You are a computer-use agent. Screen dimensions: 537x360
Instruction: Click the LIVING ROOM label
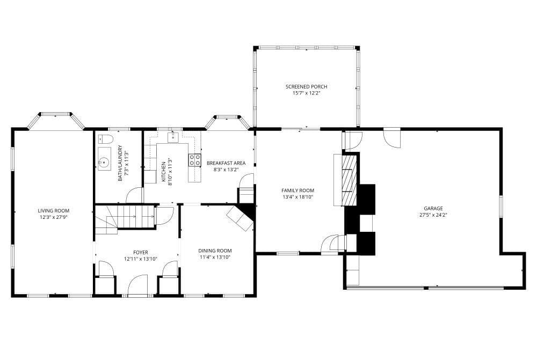(53, 211)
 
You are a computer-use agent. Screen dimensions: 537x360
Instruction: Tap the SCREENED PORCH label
(306, 86)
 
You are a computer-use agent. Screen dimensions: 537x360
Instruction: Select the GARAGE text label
(433, 208)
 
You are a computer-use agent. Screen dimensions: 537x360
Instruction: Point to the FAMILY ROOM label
(297, 190)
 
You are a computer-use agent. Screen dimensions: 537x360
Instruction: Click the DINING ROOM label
(215, 251)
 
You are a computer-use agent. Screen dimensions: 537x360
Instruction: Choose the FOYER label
(140, 253)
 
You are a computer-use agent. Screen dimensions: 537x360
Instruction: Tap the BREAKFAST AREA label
(226, 163)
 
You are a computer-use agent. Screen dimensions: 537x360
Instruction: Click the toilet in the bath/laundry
(105, 139)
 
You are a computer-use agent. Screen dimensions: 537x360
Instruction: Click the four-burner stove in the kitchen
(195, 160)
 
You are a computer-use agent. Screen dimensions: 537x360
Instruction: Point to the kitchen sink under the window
(173, 137)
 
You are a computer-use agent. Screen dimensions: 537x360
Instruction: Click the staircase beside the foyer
(124, 219)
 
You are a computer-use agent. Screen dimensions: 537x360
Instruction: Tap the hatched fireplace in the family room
(349, 180)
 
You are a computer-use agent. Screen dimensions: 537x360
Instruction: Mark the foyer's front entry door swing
(137, 285)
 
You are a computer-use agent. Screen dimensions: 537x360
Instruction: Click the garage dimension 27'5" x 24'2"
(433, 215)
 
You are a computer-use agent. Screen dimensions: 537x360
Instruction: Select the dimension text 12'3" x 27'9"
(53, 217)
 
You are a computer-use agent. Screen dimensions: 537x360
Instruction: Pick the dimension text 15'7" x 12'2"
(306, 93)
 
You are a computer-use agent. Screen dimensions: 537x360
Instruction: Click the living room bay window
(55, 121)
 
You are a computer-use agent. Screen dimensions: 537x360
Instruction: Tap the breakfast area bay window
(228, 122)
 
